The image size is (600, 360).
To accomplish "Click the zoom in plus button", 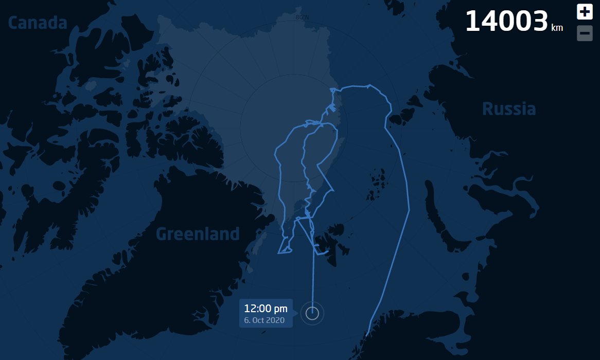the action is (585, 11).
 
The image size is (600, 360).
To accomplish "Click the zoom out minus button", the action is (585, 33).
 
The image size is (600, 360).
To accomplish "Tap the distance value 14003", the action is (506, 22).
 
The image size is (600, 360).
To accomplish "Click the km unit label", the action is (557, 28).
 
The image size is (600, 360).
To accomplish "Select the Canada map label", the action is (38, 23).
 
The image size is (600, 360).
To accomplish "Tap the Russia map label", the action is (508, 109).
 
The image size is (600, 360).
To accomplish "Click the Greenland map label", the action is (198, 235).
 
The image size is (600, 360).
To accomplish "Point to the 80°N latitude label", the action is (303, 17).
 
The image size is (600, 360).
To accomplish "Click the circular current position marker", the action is (312, 313).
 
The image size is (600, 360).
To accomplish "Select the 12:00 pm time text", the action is (266, 309).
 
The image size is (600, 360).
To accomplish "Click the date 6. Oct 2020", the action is (264, 320).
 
